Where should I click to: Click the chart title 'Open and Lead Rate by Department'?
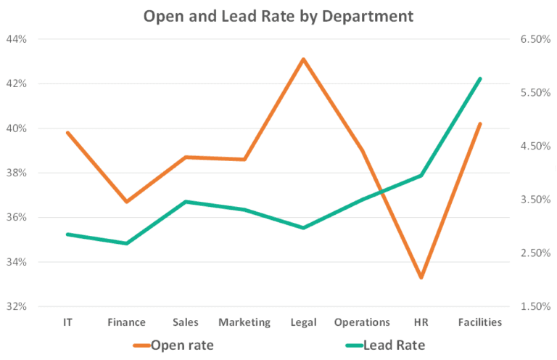(x=278, y=15)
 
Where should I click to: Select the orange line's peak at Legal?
(x=303, y=59)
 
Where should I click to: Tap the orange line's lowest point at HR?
(x=421, y=277)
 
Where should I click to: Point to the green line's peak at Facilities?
(x=480, y=78)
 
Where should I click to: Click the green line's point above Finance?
(x=127, y=243)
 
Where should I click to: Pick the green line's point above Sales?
(x=186, y=202)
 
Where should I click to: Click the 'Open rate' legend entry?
(x=181, y=344)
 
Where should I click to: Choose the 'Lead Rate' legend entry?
(x=392, y=344)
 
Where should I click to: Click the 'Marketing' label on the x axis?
(x=244, y=322)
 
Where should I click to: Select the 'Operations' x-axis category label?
(x=362, y=322)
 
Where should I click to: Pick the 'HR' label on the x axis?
(x=421, y=322)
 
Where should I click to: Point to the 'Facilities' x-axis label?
(x=480, y=322)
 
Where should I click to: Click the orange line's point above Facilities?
(x=480, y=124)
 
